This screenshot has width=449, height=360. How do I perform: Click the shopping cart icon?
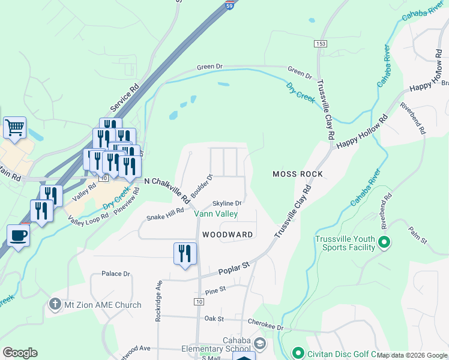(14, 127)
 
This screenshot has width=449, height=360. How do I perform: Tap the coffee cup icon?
(18, 235)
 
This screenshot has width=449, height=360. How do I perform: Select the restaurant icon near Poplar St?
(185, 253)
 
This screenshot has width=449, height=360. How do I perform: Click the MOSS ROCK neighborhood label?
(298, 174)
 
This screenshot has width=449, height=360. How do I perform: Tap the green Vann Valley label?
(215, 214)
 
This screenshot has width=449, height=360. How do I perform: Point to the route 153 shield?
(319, 44)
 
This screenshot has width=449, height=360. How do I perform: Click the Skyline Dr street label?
(227, 203)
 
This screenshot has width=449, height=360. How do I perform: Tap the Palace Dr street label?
(116, 274)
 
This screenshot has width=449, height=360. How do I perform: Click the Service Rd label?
(124, 98)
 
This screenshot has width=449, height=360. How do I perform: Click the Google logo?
(20, 353)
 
